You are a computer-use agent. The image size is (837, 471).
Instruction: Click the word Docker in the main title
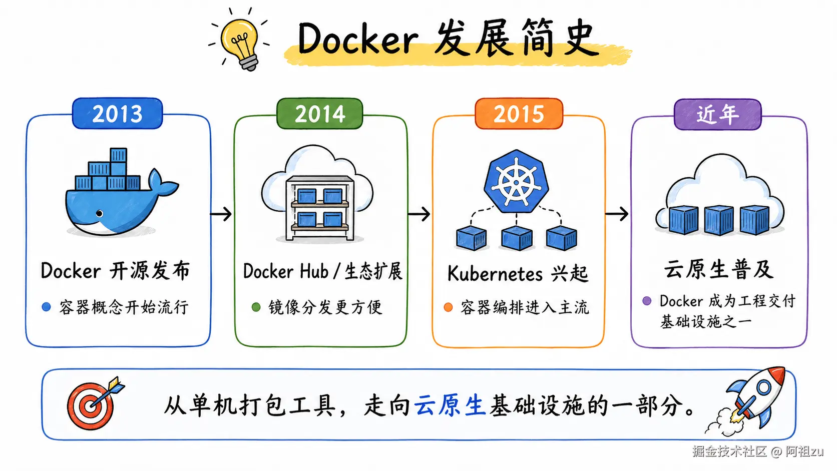tap(357, 39)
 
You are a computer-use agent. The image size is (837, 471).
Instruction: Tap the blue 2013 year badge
tap(118, 114)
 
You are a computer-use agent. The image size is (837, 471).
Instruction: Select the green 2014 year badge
tap(320, 114)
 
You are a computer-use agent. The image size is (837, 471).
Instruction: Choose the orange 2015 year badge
tap(519, 114)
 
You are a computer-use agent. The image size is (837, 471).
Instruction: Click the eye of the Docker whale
tap(99, 214)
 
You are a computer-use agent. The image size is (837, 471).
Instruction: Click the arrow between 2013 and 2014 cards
tap(221, 214)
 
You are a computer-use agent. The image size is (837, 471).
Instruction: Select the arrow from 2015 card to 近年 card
tap(617, 214)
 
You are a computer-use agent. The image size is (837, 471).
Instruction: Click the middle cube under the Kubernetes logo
tap(517, 238)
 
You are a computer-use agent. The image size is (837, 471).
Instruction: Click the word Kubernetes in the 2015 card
tap(495, 274)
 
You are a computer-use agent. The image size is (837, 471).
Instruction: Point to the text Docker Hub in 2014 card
tap(285, 271)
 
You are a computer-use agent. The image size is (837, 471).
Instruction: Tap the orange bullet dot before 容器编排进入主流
tap(448, 307)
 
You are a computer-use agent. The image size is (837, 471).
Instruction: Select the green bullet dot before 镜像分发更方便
tap(256, 307)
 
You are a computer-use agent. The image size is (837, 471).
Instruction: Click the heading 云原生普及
tap(718, 269)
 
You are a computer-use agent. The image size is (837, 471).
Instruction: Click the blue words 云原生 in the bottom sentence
tap(450, 405)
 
